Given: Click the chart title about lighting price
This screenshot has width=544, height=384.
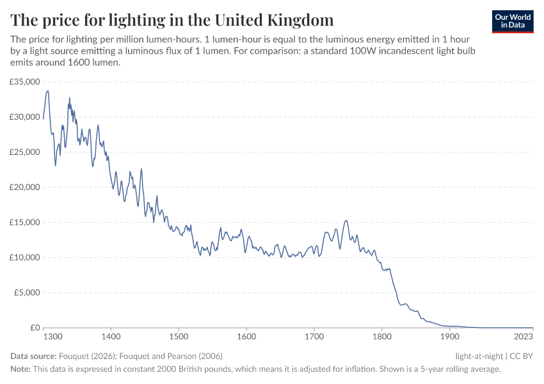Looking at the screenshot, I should (172, 19).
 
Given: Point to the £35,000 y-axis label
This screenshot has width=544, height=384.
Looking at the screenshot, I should (25, 82).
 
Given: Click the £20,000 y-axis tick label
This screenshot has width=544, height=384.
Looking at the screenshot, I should (25, 188).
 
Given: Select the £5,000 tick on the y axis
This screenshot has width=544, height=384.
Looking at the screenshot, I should (27, 293).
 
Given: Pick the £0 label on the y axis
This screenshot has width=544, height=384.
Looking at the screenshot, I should (34, 328).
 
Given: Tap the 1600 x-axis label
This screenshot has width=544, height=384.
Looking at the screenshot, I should (246, 336).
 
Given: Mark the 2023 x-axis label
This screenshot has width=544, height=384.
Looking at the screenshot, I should (524, 336).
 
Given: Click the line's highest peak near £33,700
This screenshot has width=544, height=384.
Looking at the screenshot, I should (47, 91).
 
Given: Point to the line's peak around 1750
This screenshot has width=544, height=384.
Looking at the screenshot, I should (346, 221).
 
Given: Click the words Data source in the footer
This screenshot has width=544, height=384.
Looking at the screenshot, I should (33, 356).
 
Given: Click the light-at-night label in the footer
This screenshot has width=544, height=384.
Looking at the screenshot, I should (479, 356).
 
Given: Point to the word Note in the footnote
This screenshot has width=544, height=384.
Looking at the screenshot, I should (20, 369).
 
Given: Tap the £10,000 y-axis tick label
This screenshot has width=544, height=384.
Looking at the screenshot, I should (25, 258).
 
